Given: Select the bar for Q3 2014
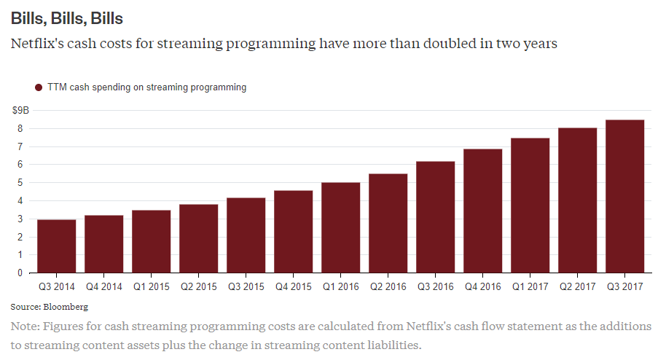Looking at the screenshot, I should click(56, 246).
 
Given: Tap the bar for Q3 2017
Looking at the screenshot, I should click(624, 197).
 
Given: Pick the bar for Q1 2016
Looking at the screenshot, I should click(340, 228).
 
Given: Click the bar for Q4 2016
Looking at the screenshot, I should click(482, 211).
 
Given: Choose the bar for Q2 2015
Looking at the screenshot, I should click(198, 239).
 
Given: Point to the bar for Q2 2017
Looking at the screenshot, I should click(577, 200).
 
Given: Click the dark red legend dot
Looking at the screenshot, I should click(39, 87).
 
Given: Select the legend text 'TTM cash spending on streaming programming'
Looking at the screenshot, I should click(146, 87).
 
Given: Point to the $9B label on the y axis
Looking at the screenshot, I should click(20, 110).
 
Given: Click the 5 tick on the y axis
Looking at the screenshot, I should click(20, 183).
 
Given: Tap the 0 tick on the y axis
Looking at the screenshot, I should click(20, 273).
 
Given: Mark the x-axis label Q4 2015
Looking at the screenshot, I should click(293, 287).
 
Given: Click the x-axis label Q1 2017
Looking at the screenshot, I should click(530, 287).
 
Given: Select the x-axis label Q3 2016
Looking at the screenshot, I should click(435, 287).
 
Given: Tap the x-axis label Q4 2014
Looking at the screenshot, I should click(103, 287).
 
